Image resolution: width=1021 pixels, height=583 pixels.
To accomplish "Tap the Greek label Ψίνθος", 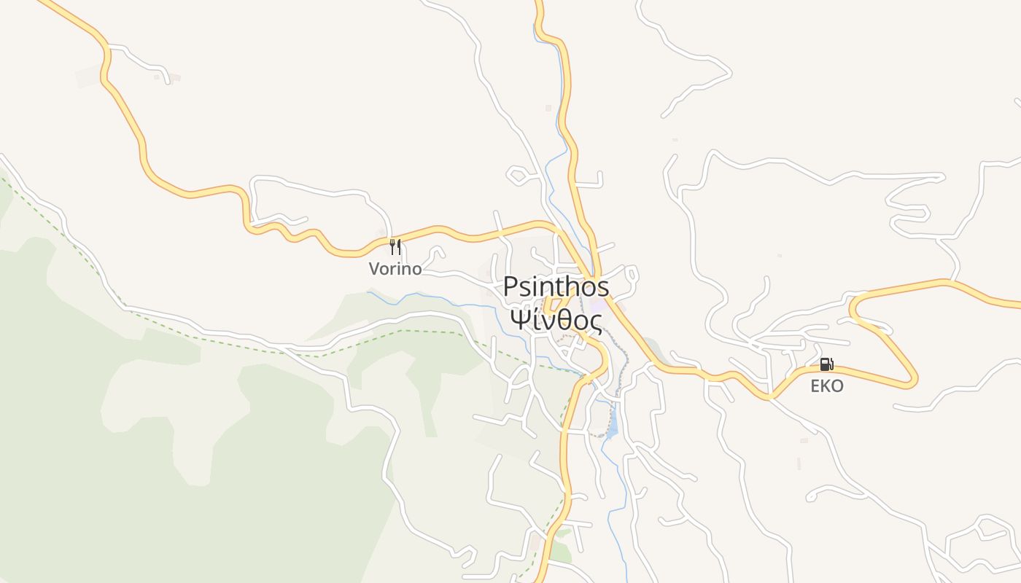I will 556,320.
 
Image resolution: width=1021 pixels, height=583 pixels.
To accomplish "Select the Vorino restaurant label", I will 395,269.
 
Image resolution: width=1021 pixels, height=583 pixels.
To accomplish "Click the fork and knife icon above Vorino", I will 395,247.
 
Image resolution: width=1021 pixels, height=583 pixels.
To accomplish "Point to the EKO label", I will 827,386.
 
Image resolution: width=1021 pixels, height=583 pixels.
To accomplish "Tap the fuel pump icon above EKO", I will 826,364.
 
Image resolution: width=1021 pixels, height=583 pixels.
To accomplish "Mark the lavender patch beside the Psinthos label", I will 598,306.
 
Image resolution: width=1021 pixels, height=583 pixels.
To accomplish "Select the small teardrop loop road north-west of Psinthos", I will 518,175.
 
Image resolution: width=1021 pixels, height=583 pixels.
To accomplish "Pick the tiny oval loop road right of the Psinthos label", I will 632,275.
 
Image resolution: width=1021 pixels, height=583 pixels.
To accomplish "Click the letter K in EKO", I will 826,386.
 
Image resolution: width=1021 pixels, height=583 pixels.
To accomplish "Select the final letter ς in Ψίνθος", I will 596,322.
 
